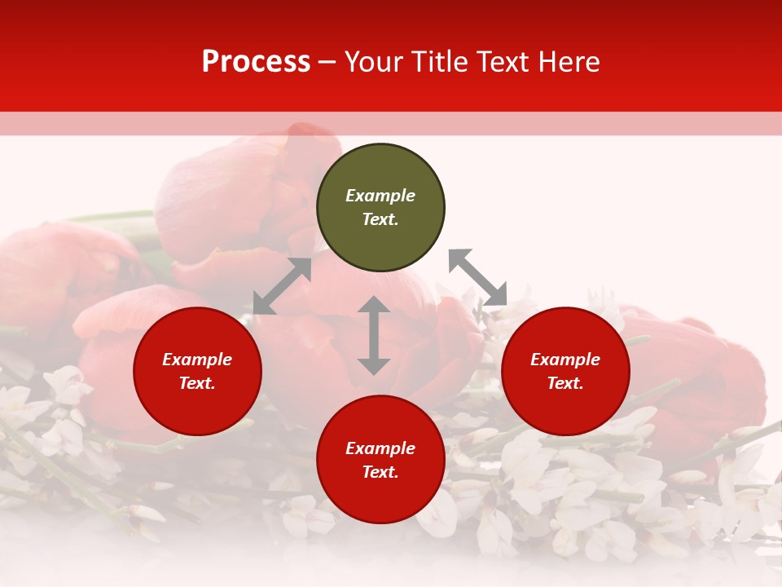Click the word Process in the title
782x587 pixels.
click(256, 62)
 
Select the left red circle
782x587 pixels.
click(197, 408)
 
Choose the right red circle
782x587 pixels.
click(565, 408)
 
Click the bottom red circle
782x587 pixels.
click(380, 497)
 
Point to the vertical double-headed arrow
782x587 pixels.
click(374, 335)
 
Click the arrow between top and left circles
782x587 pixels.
click(282, 286)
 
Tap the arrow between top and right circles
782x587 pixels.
click(477, 277)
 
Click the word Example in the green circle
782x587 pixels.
click(380, 196)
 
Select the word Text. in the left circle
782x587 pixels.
click(197, 383)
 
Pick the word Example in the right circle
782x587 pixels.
click(565, 360)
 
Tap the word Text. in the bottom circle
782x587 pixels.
click(380, 472)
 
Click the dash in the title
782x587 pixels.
click(327, 62)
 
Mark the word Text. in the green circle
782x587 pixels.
click(380, 219)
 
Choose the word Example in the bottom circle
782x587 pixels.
click(380, 448)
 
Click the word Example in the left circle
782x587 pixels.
click(197, 360)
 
